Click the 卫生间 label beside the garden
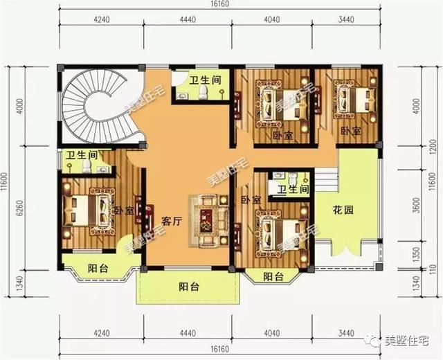[291, 189]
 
